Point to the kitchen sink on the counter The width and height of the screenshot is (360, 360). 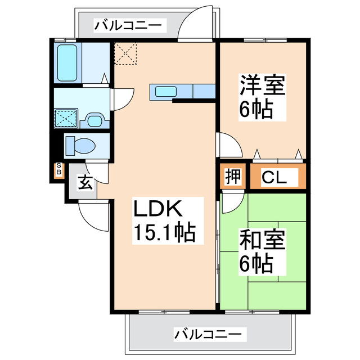click(x=166, y=91)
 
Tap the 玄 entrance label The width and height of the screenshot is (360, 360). click(x=84, y=183)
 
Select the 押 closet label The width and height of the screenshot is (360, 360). click(x=233, y=177)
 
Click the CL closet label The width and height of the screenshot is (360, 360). click(x=275, y=178)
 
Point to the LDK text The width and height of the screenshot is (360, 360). click(x=157, y=209)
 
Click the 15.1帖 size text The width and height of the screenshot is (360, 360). click(x=164, y=232)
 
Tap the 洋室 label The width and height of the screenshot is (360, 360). click(x=263, y=86)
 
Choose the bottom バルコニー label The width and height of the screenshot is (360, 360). click(x=209, y=334)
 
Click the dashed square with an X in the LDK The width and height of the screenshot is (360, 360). click(x=127, y=54)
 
